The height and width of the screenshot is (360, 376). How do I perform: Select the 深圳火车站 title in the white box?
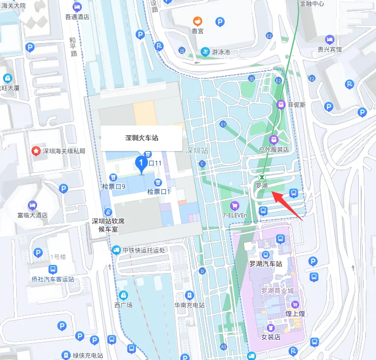click(142, 138)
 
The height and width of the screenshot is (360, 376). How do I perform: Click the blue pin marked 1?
click(141, 163)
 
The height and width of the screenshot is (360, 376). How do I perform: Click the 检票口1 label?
click(159, 192)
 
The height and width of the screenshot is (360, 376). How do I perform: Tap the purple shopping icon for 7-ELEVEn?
click(234, 205)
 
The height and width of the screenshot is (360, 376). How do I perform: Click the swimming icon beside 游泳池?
click(204, 51)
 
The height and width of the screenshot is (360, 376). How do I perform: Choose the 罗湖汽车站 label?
click(265, 264)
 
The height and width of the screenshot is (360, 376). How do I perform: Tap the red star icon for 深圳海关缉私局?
click(36, 151)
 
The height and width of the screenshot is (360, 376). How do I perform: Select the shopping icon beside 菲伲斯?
click(280, 104)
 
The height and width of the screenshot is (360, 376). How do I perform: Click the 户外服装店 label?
click(273, 149)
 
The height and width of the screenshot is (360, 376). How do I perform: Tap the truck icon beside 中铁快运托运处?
click(116, 250)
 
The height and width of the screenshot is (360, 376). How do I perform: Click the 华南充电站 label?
click(189, 305)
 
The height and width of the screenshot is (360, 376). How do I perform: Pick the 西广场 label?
click(123, 305)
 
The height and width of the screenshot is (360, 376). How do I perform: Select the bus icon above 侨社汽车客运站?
click(52, 269)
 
